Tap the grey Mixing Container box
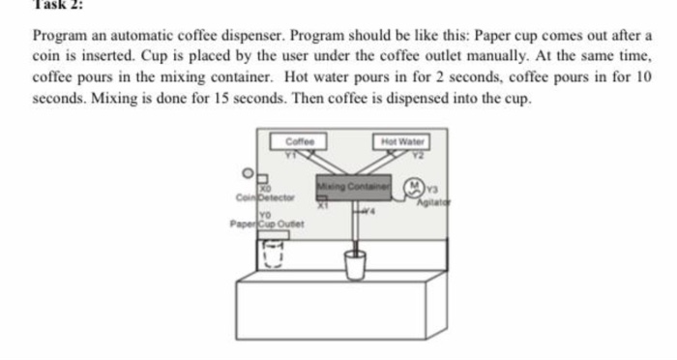pos(351,185)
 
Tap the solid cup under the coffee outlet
pos(354,263)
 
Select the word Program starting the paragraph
pos(61,36)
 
